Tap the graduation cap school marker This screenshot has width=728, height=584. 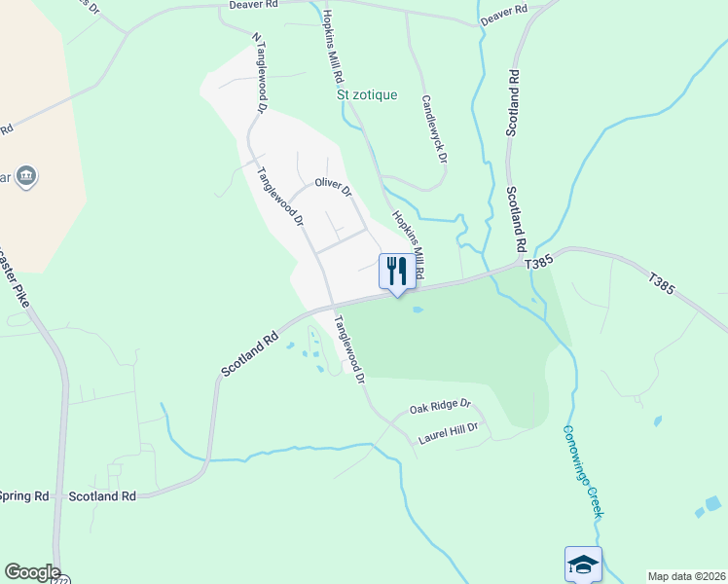[x=583, y=563]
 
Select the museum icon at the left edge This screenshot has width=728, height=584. [x=27, y=176]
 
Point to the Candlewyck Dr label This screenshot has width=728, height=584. [x=434, y=128]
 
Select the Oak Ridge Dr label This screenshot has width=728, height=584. [x=440, y=404]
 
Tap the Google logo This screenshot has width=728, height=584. [x=31, y=572]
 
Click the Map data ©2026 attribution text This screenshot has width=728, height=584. [x=686, y=576]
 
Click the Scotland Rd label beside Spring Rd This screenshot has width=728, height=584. [x=102, y=496]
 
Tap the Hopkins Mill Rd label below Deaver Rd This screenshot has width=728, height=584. [x=334, y=46]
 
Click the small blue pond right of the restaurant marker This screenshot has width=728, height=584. [x=418, y=310]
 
